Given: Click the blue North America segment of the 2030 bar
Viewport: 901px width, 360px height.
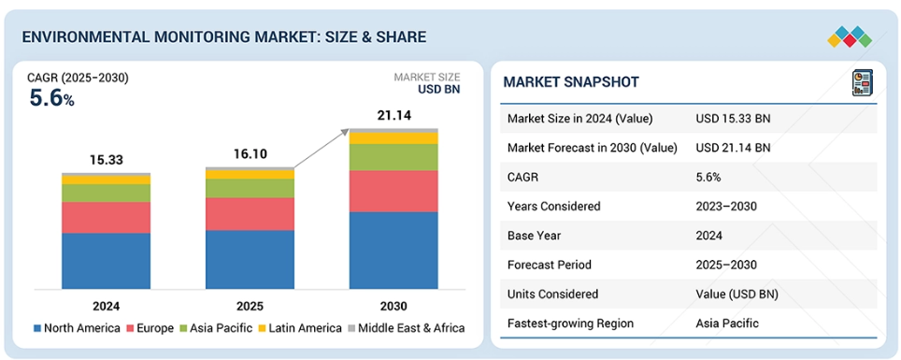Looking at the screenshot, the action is tap(393, 251).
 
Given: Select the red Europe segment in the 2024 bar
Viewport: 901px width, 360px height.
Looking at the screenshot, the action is tap(107, 217).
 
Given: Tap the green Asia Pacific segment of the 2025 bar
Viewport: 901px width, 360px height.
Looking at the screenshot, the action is tap(250, 188).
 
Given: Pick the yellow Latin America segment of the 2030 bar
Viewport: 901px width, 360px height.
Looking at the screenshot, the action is tap(393, 138).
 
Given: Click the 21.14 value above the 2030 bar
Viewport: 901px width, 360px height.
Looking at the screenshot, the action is tap(394, 116).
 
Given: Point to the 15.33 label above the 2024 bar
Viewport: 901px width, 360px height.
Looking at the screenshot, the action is tap(107, 161).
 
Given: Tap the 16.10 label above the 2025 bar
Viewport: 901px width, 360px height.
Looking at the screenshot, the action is tap(250, 154).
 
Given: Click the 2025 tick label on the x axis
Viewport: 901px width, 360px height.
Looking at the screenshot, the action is tap(250, 306).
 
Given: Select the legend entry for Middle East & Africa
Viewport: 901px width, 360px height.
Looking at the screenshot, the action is tap(406, 328).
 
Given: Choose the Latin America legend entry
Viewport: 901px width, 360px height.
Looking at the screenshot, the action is tap(302, 328).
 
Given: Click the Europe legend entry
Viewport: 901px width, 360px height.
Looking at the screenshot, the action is tap(150, 328).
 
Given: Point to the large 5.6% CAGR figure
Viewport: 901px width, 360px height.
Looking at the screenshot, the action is tap(51, 99).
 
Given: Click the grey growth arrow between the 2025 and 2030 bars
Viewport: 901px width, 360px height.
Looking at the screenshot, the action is tap(322, 149).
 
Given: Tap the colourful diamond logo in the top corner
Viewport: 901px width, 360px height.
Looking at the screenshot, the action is tap(850, 36).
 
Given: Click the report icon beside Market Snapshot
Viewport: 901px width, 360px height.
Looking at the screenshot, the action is tap(862, 82).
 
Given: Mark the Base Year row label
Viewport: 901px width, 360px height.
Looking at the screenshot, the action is tap(535, 236).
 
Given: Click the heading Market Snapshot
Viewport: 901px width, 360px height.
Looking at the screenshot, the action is tap(570, 82).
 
